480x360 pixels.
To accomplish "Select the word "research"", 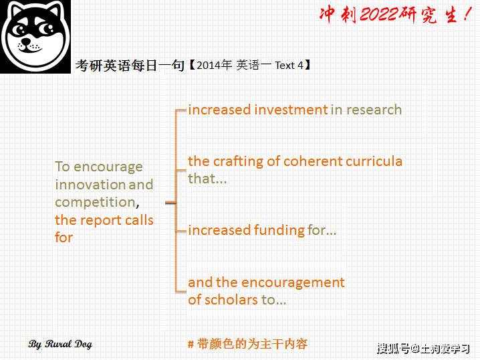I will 374,110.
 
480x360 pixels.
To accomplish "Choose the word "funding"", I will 278,230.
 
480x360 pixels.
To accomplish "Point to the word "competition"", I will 95,202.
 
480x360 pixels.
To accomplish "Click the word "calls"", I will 138,220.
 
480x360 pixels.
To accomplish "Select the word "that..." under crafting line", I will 207,179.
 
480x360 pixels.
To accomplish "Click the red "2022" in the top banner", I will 378,15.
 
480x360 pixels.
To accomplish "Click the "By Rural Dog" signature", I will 60,345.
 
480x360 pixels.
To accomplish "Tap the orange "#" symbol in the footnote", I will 191,345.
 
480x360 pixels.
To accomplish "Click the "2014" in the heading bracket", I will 209,66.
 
